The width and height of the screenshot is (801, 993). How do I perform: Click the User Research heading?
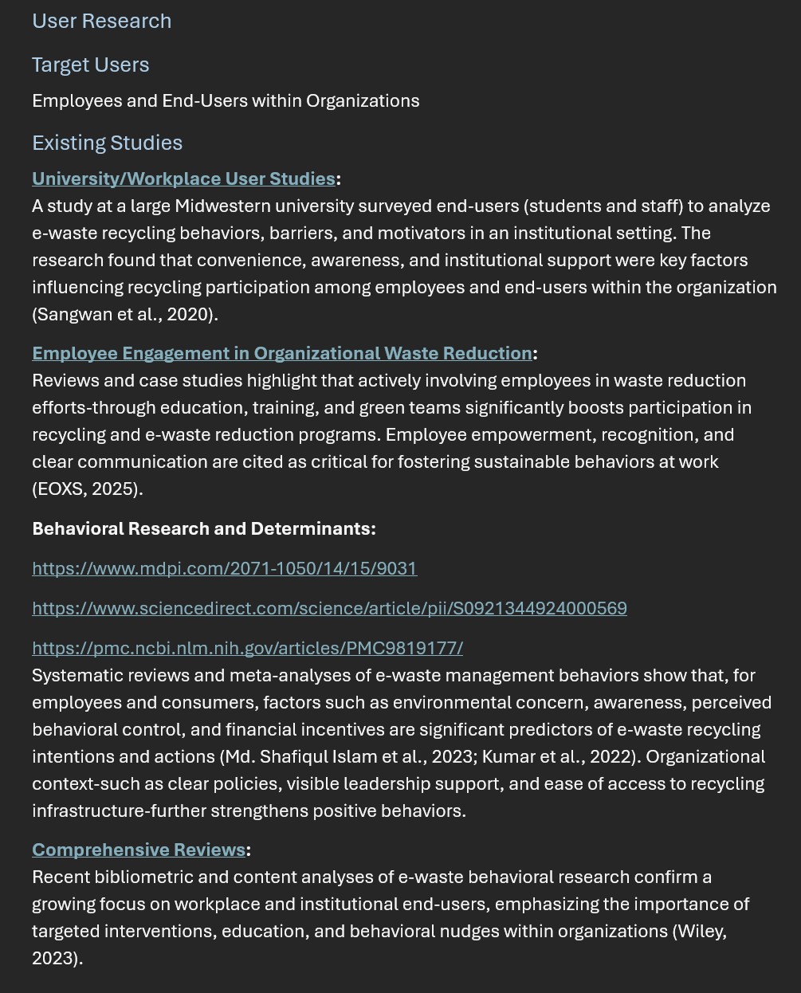click(101, 21)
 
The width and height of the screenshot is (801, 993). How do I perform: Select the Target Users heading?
click(90, 65)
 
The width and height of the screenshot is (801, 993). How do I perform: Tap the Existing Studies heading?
click(107, 143)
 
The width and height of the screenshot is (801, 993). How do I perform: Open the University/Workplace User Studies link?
click(183, 179)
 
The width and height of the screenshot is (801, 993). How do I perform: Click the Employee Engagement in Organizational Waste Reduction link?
click(281, 353)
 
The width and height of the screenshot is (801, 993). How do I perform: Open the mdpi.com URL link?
click(224, 568)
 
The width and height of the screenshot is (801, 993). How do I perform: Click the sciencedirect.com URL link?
click(329, 608)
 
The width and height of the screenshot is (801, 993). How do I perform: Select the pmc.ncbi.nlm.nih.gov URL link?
click(247, 648)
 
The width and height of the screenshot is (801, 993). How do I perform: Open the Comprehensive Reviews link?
click(139, 850)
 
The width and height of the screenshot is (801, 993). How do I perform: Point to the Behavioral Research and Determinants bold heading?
click(203, 528)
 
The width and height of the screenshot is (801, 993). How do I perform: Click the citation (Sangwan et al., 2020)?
click(124, 314)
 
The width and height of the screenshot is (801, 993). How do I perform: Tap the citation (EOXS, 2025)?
click(87, 489)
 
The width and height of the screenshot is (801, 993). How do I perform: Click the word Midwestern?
click(224, 206)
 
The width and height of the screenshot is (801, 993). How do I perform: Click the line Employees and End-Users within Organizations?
click(226, 100)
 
